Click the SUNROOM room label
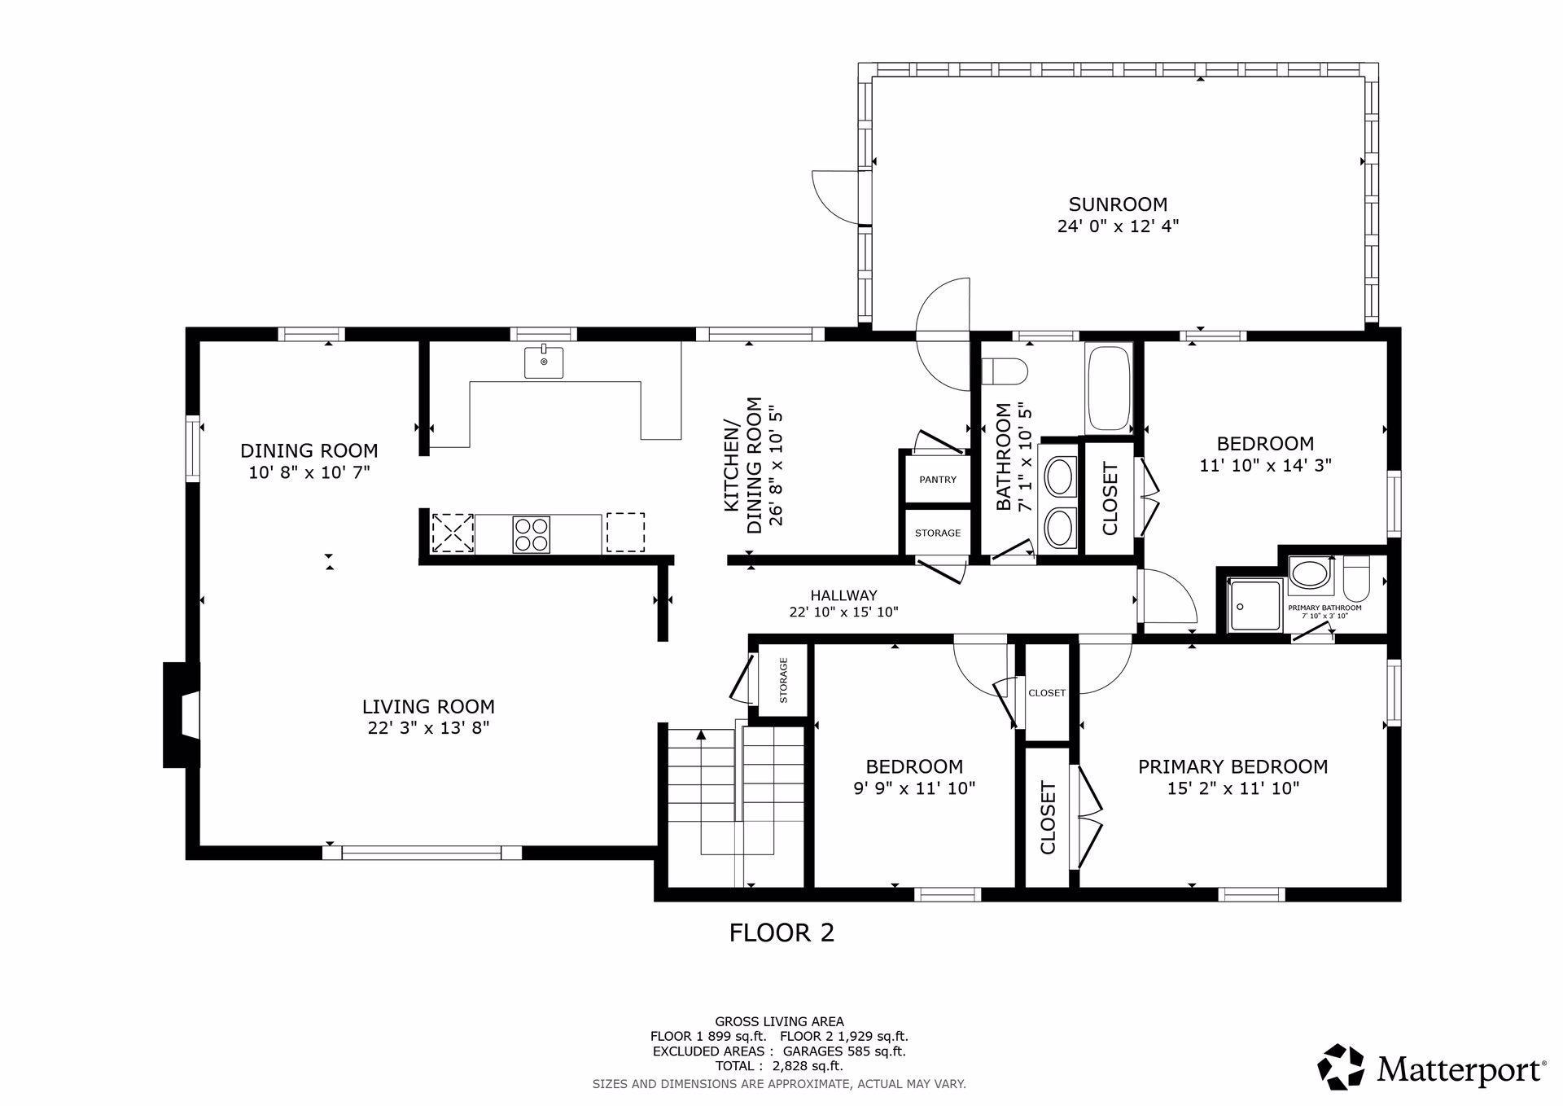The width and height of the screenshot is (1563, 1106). [1118, 204]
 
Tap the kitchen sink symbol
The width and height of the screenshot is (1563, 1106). [544, 362]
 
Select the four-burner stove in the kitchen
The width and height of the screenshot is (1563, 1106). [531, 534]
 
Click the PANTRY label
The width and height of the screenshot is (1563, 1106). [938, 480]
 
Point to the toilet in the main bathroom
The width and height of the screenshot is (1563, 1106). [1005, 371]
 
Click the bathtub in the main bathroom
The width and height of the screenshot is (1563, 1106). [1108, 388]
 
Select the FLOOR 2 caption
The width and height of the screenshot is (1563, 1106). [781, 933]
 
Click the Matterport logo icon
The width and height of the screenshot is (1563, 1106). [1341, 1066]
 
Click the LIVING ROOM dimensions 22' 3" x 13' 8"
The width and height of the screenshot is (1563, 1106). [428, 727]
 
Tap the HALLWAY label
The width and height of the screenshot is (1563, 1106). [843, 595]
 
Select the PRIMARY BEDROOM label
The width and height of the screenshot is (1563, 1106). [1232, 766]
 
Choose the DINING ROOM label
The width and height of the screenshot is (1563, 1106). [309, 450]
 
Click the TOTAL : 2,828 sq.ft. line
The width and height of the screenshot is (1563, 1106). [779, 1065]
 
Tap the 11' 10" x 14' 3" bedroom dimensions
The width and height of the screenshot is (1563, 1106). [1265, 466]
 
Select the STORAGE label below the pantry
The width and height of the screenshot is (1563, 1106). [938, 533]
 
